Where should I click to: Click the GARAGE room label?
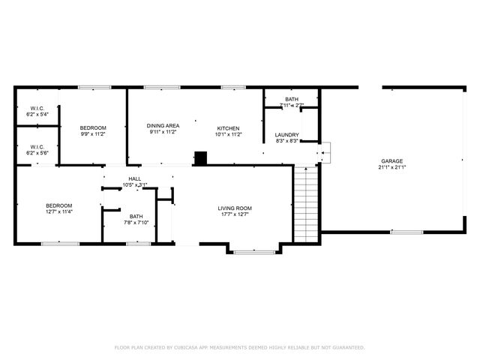pos(391,161)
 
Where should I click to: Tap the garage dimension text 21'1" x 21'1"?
pos(391,168)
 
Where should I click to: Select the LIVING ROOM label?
pos(235,208)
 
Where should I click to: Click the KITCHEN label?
pos(228,128)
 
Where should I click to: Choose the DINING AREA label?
pos(162,125)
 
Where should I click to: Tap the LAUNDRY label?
pos(287,135)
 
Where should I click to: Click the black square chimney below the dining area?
pos(200,158)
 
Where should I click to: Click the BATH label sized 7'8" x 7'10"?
pos(136,216)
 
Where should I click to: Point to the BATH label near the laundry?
pos(291,100)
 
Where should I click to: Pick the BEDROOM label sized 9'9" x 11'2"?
pos(93,127)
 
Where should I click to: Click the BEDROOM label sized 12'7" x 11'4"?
pos(58,205)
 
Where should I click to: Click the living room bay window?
pos(254,252)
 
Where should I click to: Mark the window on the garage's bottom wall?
pos(406,232)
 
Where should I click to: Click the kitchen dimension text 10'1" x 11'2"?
pos(228,135)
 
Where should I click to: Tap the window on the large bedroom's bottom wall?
pos(60,243)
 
